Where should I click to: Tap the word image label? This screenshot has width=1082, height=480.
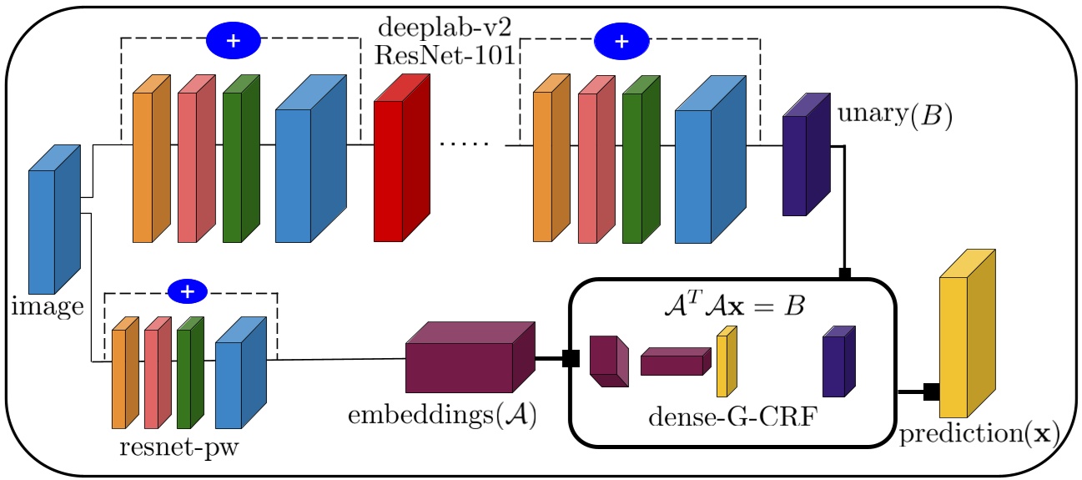click(x=47, y=306)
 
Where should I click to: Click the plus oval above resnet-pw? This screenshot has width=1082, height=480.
click(x=189, y=291)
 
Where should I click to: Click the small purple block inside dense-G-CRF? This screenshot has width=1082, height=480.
click(x=833, y=362)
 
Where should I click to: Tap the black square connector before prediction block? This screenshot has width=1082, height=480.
click(x=931, y=392)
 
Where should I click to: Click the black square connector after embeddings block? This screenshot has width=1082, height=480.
click(x=571, y=359)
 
